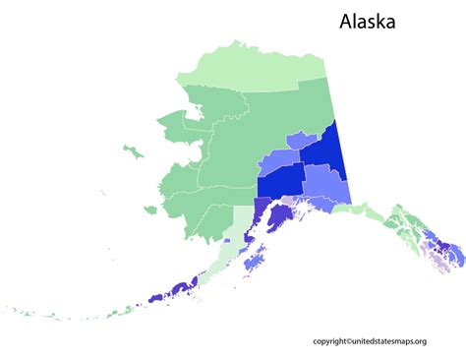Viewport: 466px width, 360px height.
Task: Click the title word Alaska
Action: pyautogui.click(x=369, y=20)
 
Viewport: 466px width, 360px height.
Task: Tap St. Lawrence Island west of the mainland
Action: pyautogui.click(x=132, y=150)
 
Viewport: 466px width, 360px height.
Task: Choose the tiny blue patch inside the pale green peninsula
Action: pyautogui.click(x=227, y=239)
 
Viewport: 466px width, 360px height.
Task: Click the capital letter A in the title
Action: pyautogui.click(x=347, y=20)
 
